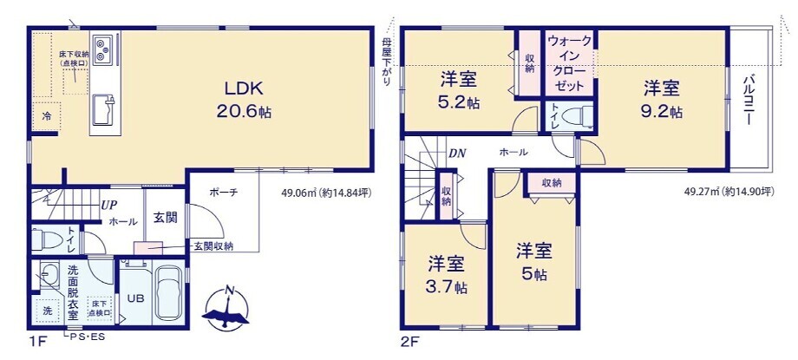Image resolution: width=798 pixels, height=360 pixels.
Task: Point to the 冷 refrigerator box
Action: (45, 116)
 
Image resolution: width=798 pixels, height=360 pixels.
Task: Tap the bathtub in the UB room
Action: (168, 295)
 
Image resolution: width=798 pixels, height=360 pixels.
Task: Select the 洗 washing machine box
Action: (46, 309)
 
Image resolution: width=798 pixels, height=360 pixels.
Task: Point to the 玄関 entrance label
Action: (166, 217)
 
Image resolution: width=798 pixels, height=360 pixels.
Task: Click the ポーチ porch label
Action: (223, 193)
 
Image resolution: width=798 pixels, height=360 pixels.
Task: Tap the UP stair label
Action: (109, 206)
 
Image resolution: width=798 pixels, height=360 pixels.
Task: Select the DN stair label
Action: (458, 153)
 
